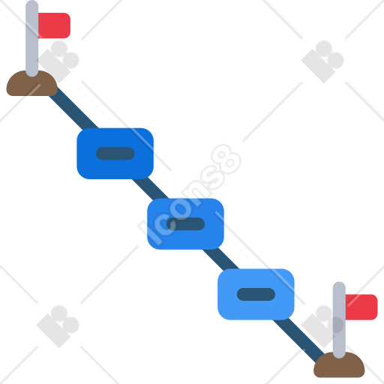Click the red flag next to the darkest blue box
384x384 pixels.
pos(54,25)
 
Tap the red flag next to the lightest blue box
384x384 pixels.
pos(361,307)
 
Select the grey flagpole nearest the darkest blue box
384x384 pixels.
pos(32,38)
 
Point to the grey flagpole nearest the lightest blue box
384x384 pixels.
pos(339,320)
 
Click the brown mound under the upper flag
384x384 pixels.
pos(31,85)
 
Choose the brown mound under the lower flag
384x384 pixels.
pos(339,366)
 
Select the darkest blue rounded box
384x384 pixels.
pos(115,154)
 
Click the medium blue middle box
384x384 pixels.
pos(185,224)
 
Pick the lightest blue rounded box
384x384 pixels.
pos(256,294)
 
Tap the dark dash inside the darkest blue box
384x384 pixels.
pos(115,154)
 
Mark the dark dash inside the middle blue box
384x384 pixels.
pos(185,224)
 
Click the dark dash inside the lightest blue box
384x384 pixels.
pos(256,294)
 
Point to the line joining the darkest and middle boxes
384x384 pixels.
pos(150,189)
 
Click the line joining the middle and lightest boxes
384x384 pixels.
pos(220,259)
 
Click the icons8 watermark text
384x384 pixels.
pos(190,194)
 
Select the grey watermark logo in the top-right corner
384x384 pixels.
pos(322,61)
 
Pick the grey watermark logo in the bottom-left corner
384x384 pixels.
pos(58,326)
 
